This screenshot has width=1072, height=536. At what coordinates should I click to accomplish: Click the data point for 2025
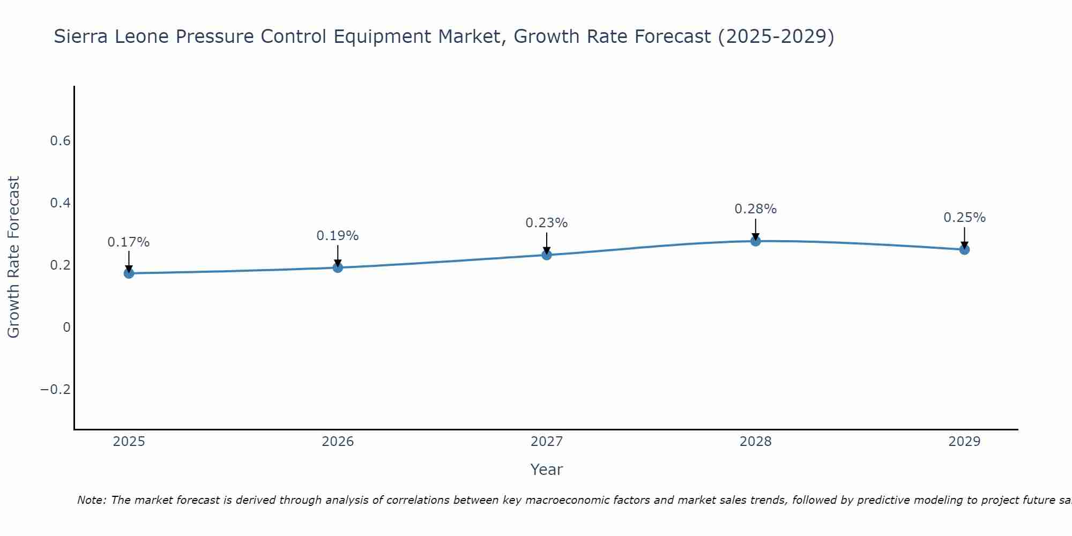click(x=129, y=273)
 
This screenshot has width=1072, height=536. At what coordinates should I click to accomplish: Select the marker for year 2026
click(x=338, y=267)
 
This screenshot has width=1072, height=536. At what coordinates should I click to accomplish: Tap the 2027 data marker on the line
click(x=547, y=255)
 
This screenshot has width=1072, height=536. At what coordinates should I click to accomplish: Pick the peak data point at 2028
click(x=756, y=241)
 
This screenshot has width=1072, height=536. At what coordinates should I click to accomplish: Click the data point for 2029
click(x=964, y=249)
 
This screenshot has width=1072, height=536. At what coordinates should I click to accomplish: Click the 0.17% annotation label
click(x=129, y=242)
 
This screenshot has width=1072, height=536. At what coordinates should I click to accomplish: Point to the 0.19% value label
click(x=338, y=236)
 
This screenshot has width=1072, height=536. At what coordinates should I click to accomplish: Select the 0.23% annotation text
click(x=547, y=223)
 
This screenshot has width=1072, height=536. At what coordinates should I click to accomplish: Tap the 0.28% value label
click(x=756, y=209)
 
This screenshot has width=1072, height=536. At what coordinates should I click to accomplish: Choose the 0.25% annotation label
click(x=964, y=218)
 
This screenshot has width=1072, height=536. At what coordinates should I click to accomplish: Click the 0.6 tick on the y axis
click(x=60, y=141)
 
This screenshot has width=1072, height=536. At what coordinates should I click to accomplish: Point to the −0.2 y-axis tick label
click(x=56, y=389)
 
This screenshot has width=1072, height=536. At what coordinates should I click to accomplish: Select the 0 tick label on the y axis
click(x=66, y=327)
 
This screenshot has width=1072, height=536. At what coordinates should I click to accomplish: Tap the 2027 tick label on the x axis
click(x=547, y=442)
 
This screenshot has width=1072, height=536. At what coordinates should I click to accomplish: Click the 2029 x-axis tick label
click(x=964, y=442)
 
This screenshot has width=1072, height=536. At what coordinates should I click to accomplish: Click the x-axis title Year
click(x=547, y=470)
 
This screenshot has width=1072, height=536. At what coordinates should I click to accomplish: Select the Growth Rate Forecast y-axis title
click(x=14, y=257)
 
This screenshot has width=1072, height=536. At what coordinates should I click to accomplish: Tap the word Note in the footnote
click(x=92, y=500)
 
